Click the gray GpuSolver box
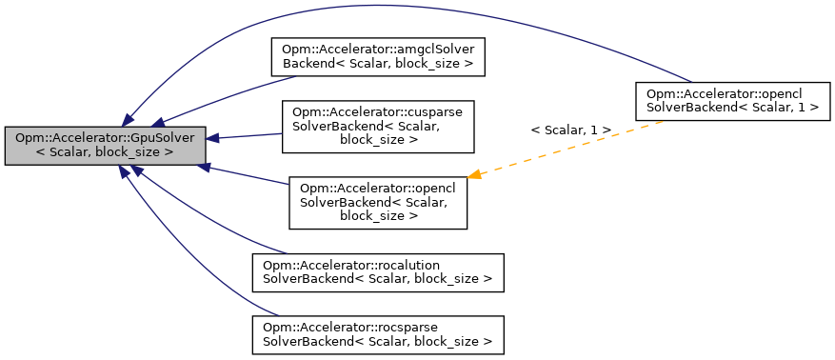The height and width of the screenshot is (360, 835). tap(105, 145)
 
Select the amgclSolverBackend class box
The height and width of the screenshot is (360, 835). tap(379, 57)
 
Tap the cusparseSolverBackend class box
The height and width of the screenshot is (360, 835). tap(378, 126)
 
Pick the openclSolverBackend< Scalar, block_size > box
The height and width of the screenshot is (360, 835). tap(378, 202)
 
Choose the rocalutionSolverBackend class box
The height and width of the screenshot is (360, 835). tap(377, 271)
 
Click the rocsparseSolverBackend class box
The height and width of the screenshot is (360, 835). tap(377, 330)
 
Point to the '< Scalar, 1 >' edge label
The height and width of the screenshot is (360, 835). tap(570, 129)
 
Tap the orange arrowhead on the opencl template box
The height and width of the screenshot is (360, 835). tap(474, 174)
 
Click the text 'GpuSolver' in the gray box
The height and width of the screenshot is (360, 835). tap(163, 138)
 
